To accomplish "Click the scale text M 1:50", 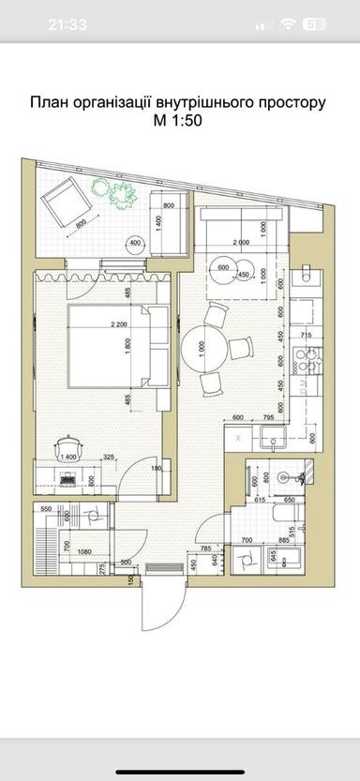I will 178,120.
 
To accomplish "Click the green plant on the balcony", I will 117,193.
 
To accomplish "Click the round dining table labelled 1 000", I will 202,348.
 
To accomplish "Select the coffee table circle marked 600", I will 224,267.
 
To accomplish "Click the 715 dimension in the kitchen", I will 305,335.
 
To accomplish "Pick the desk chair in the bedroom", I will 67,443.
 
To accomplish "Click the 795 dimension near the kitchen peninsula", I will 269,417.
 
